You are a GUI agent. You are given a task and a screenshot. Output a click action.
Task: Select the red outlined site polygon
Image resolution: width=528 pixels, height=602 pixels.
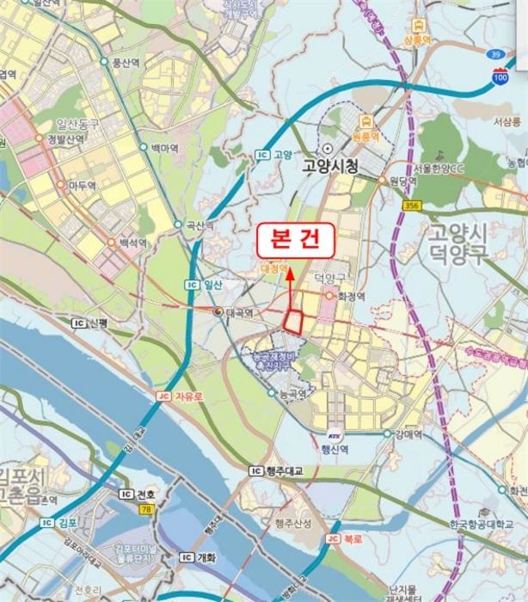pyautogui.click(x=294, y=320)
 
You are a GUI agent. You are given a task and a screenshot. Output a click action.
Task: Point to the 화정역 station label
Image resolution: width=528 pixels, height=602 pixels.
pyautogui.click(x=351, y=296)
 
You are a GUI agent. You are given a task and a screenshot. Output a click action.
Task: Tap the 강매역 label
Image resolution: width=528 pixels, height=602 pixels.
pyautogui.click(x=406, y=433)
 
